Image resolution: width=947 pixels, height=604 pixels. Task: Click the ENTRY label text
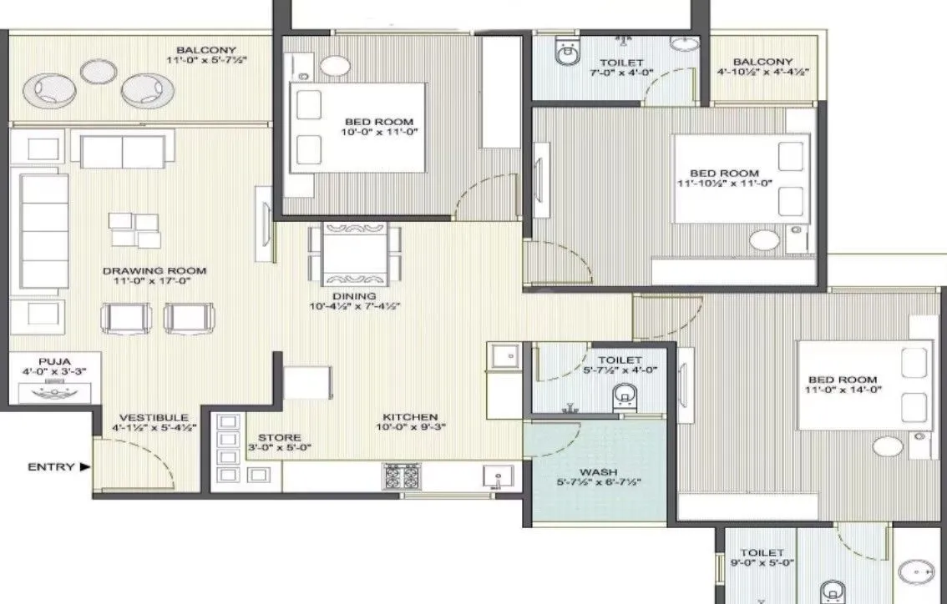[x=52, y=467]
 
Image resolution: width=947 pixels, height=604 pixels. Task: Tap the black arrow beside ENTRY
[x=84, y=467]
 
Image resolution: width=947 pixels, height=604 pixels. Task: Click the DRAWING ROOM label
[x=154, y=271]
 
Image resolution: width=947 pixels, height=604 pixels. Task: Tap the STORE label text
[x=274, y=437]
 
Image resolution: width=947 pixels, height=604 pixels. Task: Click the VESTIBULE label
[x=154, y=417]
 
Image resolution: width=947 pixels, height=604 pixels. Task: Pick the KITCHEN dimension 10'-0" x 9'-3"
[x=410, y=428]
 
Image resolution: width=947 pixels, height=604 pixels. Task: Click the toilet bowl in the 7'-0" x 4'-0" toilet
[x=567, y=53]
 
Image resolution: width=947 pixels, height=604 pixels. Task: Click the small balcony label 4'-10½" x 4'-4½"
[x=762, y=73]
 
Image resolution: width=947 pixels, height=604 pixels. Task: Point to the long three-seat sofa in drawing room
[x=43, y=231]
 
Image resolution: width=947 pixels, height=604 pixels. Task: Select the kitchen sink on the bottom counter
[x=496, y=476]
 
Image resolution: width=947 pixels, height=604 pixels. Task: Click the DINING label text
[x=354, y=295]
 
